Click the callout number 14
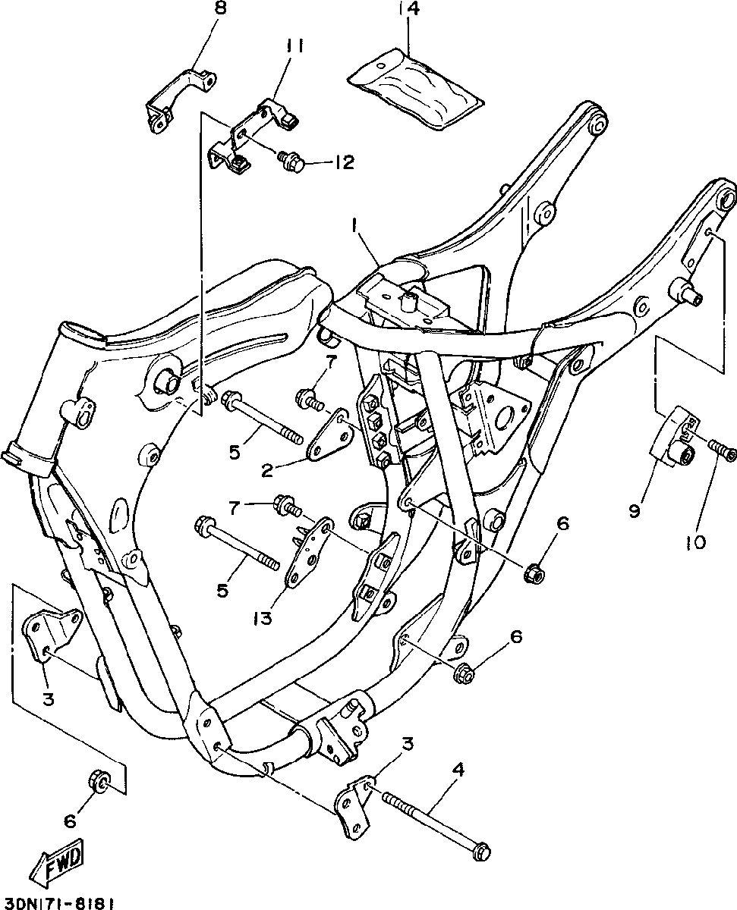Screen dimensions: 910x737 tap(408, 11)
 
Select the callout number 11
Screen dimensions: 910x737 tap(295, 47)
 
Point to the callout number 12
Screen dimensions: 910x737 tap(344, 162)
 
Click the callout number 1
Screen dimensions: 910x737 tap(353, 225)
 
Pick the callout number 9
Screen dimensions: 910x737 tap(635, 510)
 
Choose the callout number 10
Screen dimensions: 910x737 tap(695, 542)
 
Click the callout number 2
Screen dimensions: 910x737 tap(266, 470)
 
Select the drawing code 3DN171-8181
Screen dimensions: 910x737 tap(59, 903)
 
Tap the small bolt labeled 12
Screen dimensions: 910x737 tap(292, 160)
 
